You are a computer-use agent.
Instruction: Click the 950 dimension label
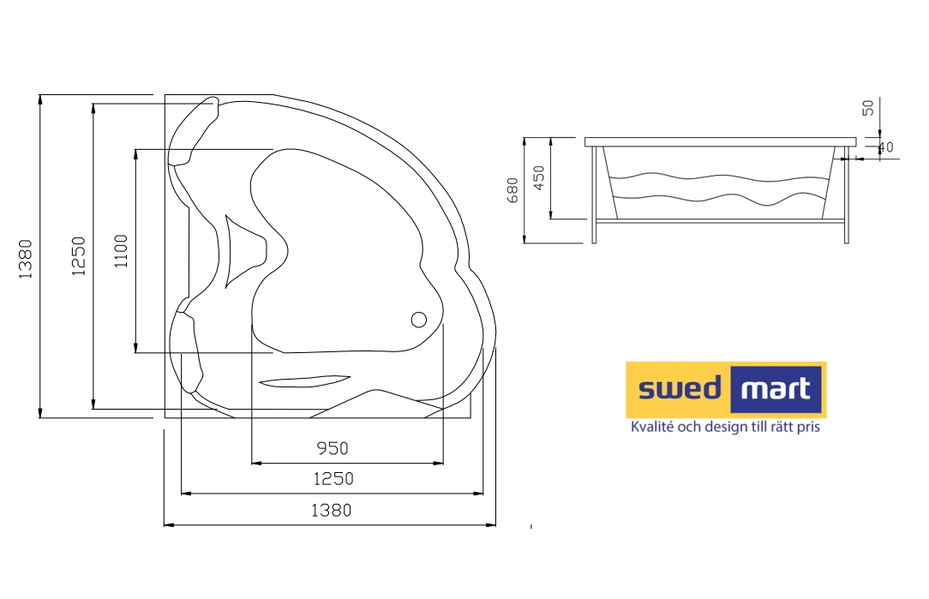point(332,448)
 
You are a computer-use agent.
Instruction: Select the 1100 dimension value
point(121,251)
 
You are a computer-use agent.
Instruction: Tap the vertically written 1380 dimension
point(25,259)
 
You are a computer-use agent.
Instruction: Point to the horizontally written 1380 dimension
point(331,510)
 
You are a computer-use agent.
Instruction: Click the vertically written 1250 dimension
point(79,256)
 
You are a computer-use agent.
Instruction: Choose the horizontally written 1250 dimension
point(333,479)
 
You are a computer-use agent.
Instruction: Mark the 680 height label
point(512,190)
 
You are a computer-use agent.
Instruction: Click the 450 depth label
point(538,177)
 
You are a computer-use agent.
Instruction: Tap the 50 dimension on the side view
point(868,108)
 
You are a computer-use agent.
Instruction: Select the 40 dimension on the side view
point(886,147)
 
